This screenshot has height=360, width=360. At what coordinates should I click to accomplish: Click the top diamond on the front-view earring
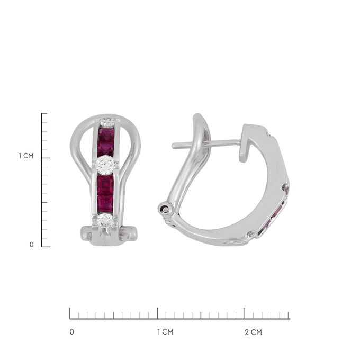pos(107,122)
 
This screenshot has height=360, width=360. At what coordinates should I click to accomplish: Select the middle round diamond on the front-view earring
pos(105,165)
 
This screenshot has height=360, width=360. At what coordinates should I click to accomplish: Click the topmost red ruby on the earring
pos(106,134)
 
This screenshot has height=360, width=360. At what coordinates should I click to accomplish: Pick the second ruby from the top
pos(105,148)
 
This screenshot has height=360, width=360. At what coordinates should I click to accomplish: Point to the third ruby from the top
pos(105,185)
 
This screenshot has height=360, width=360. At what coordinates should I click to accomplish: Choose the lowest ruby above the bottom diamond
pos(105,204)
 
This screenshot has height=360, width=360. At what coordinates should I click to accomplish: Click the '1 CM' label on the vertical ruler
pos(26,156)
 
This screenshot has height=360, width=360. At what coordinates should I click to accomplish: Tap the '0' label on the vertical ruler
pos(32,245)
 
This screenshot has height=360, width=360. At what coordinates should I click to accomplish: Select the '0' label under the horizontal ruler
pos(72,332)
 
